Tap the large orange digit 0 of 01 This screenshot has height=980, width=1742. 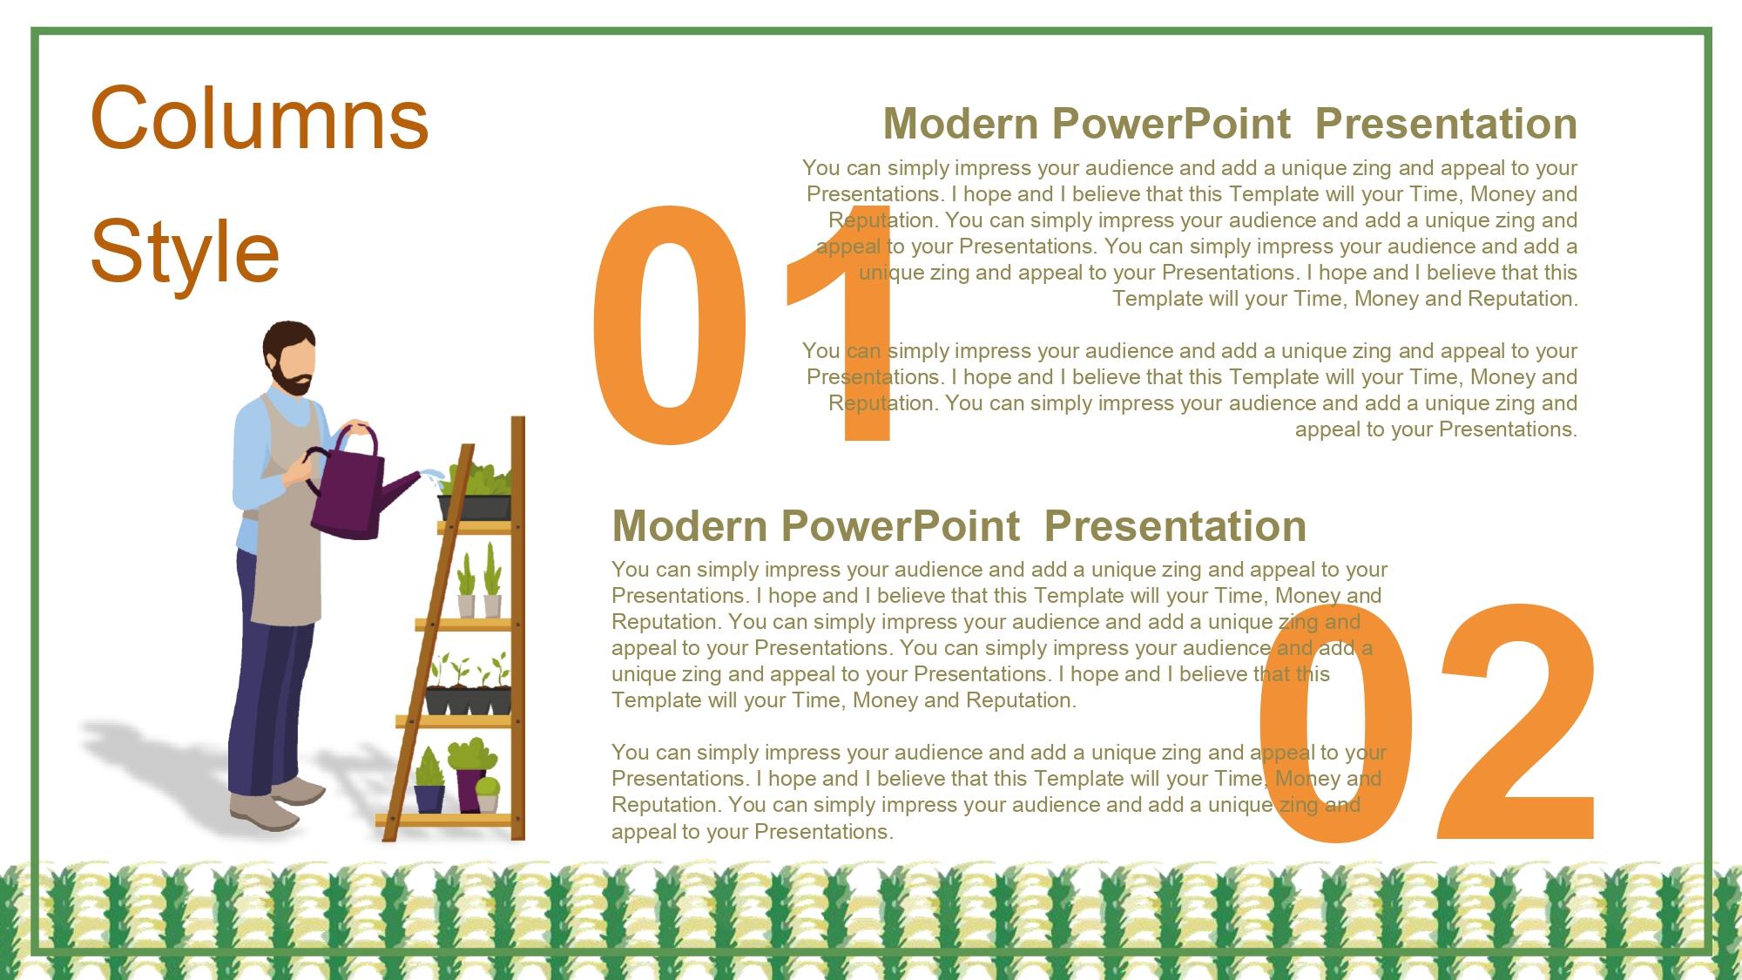pyautogui.click(x=669, y=324)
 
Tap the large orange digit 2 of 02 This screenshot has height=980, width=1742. pyautogui.click(x=1516, y=721)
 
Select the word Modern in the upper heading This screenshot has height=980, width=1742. pyautogui.click(x=956, y=124)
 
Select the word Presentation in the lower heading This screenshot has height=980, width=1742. pyautogui.click(x=1175, y=526)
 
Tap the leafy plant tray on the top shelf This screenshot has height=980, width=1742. pyautogui.click(x=476, y=492)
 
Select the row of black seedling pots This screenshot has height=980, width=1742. pyautogui.click(x=468, y=700)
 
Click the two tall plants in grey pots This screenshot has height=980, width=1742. pyautogui.click(x=479, y=581)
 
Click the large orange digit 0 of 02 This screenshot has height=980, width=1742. pyautogui.click(x=1336, y=723)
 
